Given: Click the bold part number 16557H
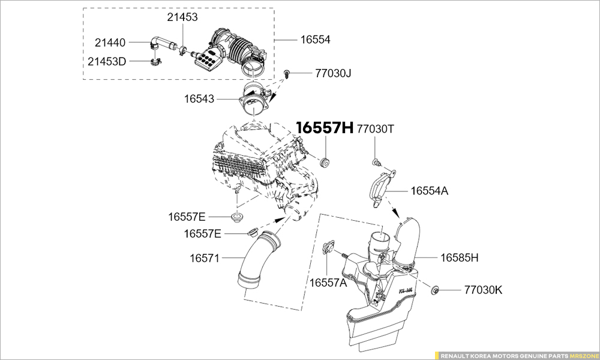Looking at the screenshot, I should [325, 128].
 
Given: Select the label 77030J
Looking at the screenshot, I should [333, 73].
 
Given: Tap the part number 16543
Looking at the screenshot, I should [199, 97].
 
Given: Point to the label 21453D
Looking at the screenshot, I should [107, 61].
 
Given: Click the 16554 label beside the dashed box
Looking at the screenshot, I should [316, 40].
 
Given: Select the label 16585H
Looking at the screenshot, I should [460, 257].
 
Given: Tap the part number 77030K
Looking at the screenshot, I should [483, 290].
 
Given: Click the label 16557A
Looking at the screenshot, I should [328, 282].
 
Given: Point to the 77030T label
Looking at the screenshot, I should [376, 128].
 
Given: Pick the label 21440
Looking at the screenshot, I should [110, 43].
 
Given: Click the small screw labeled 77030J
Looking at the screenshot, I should [289, 74].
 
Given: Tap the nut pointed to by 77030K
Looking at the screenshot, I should [436, 290].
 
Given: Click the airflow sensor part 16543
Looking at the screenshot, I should [254, 103].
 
